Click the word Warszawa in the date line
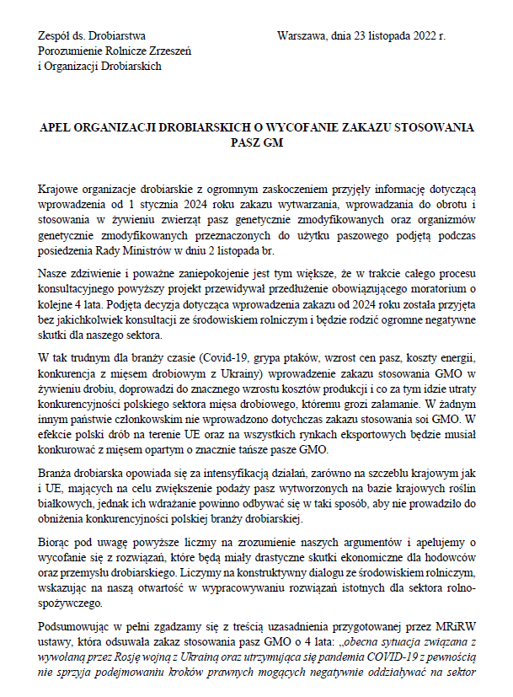coord(301,37)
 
